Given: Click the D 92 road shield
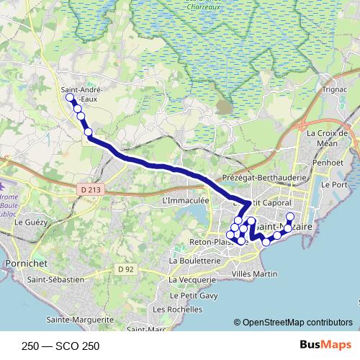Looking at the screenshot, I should point(127,269).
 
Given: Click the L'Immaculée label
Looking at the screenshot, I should point(186,200).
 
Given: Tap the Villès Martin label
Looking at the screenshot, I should point(256,274).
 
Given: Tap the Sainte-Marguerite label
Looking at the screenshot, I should point(80,319).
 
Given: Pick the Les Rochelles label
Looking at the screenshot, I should point(177,309).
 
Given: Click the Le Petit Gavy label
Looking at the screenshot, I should point(193,295).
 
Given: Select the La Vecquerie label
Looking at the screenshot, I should point(193,279).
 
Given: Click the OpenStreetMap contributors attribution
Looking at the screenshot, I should point(296,322).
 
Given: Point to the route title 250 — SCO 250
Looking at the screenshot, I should point(60,346).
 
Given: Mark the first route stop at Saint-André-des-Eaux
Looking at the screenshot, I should point(70,97).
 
